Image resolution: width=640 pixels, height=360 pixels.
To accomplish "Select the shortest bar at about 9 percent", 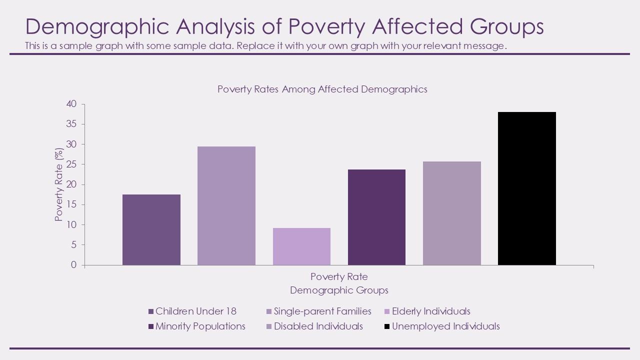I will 301,246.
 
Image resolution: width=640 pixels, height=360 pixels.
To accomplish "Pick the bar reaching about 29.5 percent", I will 226,205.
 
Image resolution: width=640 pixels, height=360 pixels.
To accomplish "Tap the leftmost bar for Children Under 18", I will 151,229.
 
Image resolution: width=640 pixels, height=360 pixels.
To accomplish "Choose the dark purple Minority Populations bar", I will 376,217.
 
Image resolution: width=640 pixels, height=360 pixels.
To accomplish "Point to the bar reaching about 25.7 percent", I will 451,213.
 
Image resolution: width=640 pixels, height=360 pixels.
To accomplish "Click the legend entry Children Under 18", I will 195,311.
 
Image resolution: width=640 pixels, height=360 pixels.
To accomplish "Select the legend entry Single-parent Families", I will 322,311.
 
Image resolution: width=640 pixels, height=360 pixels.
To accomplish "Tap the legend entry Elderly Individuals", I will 430,311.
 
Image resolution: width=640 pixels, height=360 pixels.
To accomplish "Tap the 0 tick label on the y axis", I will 74,265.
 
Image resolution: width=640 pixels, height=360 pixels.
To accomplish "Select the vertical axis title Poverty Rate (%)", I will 59,185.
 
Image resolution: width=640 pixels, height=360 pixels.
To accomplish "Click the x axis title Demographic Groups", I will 339,290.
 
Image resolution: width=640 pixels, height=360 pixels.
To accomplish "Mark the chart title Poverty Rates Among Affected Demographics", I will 322,89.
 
